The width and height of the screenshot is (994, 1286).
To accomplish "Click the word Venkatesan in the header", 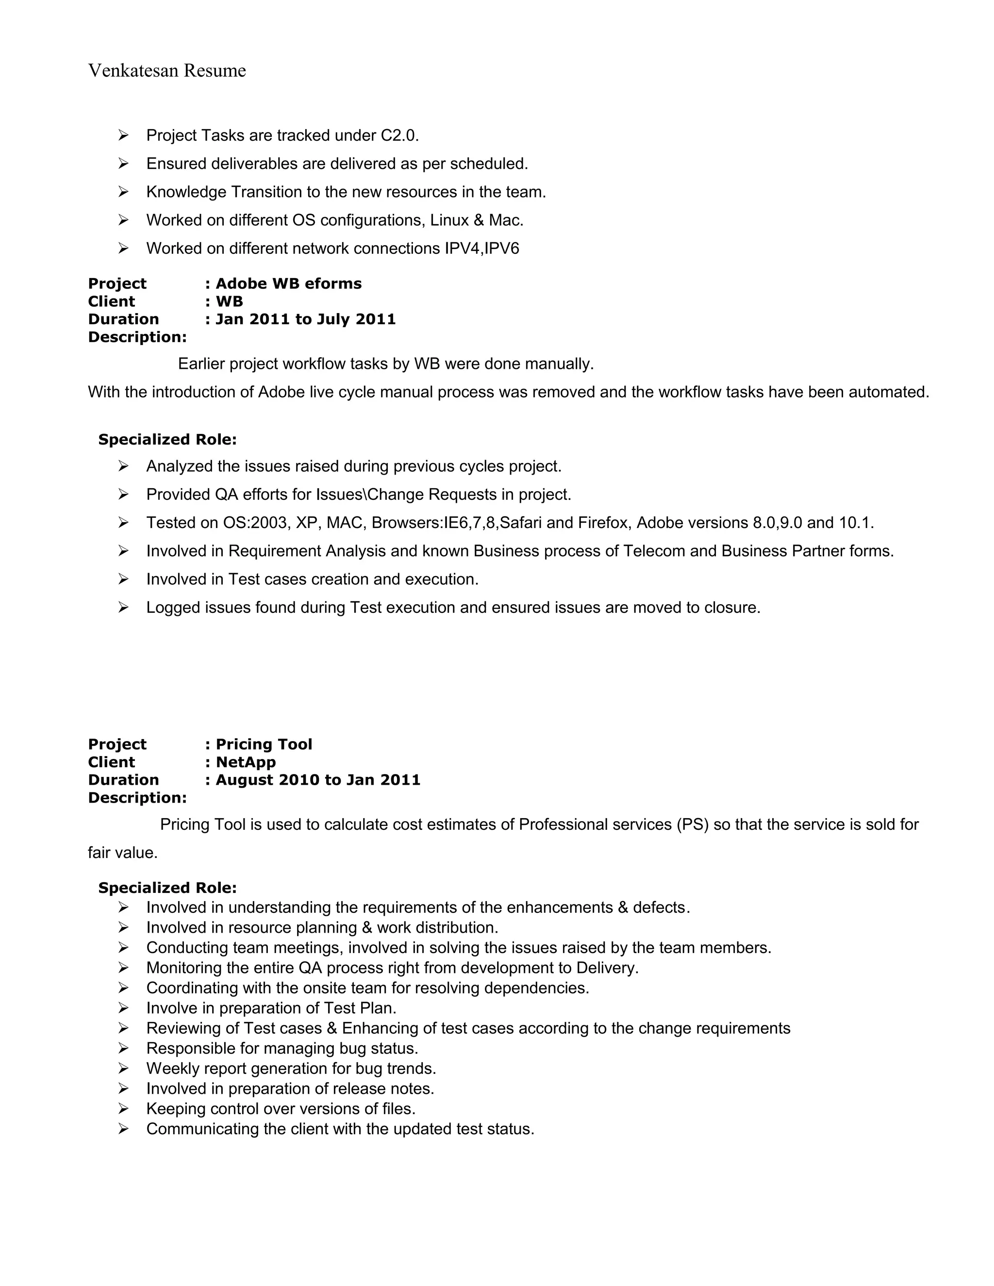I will (x=133, y=71).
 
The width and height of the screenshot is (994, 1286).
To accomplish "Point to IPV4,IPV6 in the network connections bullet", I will (x=481, y=248).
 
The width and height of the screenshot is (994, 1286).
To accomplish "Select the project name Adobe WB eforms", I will (x=289, y=284).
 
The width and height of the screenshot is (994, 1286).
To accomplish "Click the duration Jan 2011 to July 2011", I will (x=306, y=319).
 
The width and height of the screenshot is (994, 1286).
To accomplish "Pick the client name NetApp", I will (x=246, y=762).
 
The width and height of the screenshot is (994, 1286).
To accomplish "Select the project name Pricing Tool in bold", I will (x=264, y=744).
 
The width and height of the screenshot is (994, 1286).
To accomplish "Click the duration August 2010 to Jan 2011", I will (x=318, y=780).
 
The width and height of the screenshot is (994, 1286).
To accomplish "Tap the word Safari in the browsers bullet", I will (x=520, y=523).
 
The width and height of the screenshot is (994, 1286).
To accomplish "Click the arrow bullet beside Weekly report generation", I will (x=123, y=1068).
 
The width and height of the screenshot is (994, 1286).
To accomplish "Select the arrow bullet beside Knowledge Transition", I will (x=123, y=192).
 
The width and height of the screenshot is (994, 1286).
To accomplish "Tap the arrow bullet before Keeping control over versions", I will (x=123, y=1109).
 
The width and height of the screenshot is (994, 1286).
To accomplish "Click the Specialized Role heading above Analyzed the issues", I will (x=167, y=440).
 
